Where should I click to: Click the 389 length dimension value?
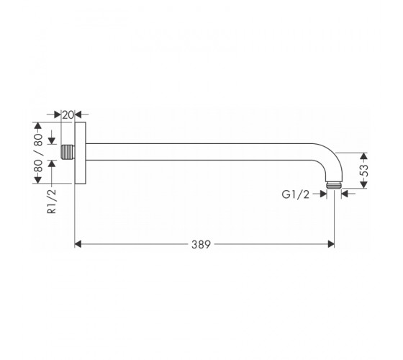click(201, 244)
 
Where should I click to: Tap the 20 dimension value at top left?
click(68, 115)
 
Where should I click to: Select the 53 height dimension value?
click(364, 170)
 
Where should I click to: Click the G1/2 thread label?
click(296, 194)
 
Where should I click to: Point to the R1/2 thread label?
click(52, 201)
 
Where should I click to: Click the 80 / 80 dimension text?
click(38, 153)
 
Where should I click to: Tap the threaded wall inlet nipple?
click(68, 152)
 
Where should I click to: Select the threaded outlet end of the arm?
click(334, 186)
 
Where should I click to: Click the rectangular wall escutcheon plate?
click(80, 153)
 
